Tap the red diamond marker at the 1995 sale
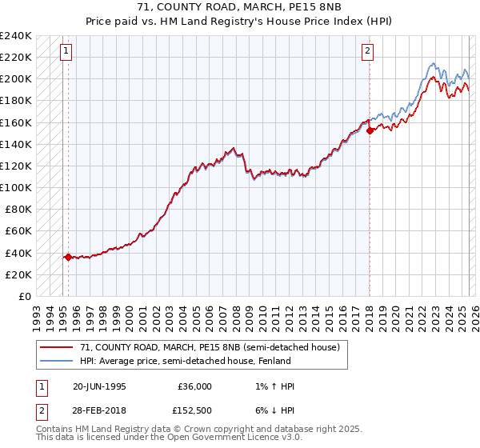[68, 257]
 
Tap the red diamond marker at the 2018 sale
[370, 130]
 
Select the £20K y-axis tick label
[18, 274]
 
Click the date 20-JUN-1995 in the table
[99, 386]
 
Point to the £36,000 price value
[195, 386]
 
